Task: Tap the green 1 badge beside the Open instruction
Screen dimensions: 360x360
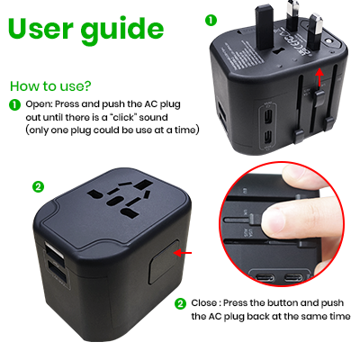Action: pyautogui.click(x=13, y=104)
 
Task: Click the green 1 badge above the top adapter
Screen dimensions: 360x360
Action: pyautogui.click(x=211, y=18)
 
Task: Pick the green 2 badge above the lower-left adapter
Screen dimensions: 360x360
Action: pyautogui.click(x=37, y=186)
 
